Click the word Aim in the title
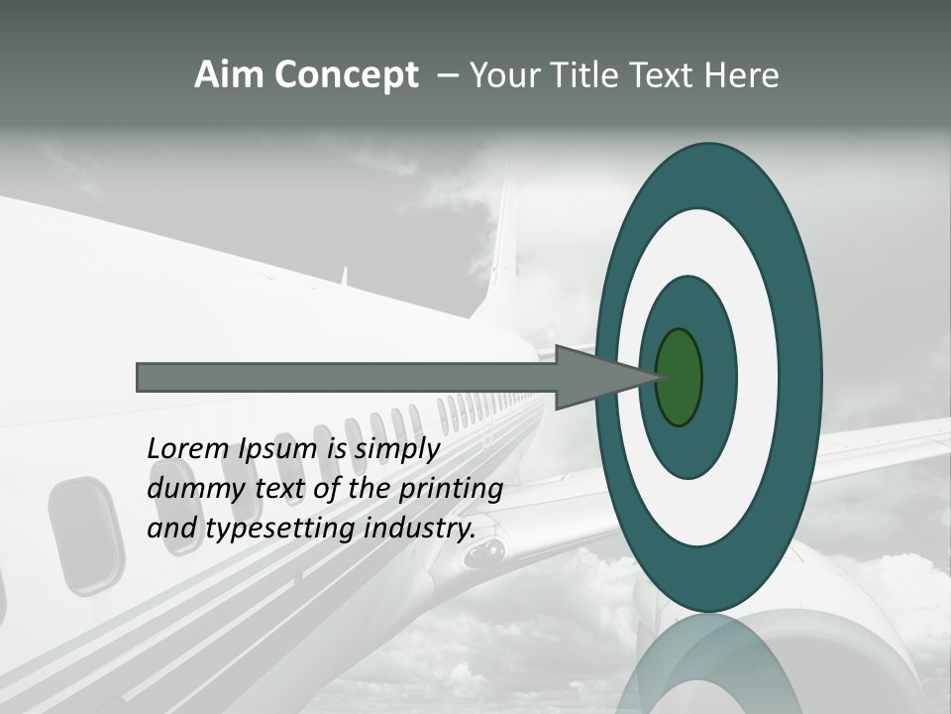(x=230, y=75)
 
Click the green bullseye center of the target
(x=679, y=377)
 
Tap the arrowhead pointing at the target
(x=594, y=377)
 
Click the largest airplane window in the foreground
(x=87, y=535)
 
